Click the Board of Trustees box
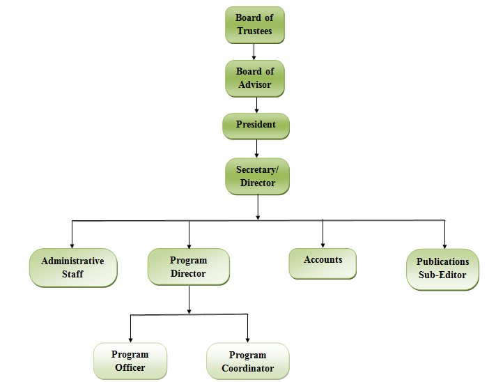[254, 25]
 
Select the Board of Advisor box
[254, 78]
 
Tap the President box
[256, 125]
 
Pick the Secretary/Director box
[256, 176]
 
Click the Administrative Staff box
[72, 268]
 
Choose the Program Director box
[188, 267]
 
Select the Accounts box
[323, 263]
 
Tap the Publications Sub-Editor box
[442, 269]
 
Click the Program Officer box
[130, 361]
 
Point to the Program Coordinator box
[247, 361]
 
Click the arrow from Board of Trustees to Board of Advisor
[254, 52]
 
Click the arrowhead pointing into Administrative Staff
[72, 244]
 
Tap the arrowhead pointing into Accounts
[323, 243]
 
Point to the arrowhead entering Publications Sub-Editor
[444, 244]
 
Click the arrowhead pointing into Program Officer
[130, 338]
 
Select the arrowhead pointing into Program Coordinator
[247, 338]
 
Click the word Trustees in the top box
[254, 31]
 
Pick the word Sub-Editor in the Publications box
[442, 275]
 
